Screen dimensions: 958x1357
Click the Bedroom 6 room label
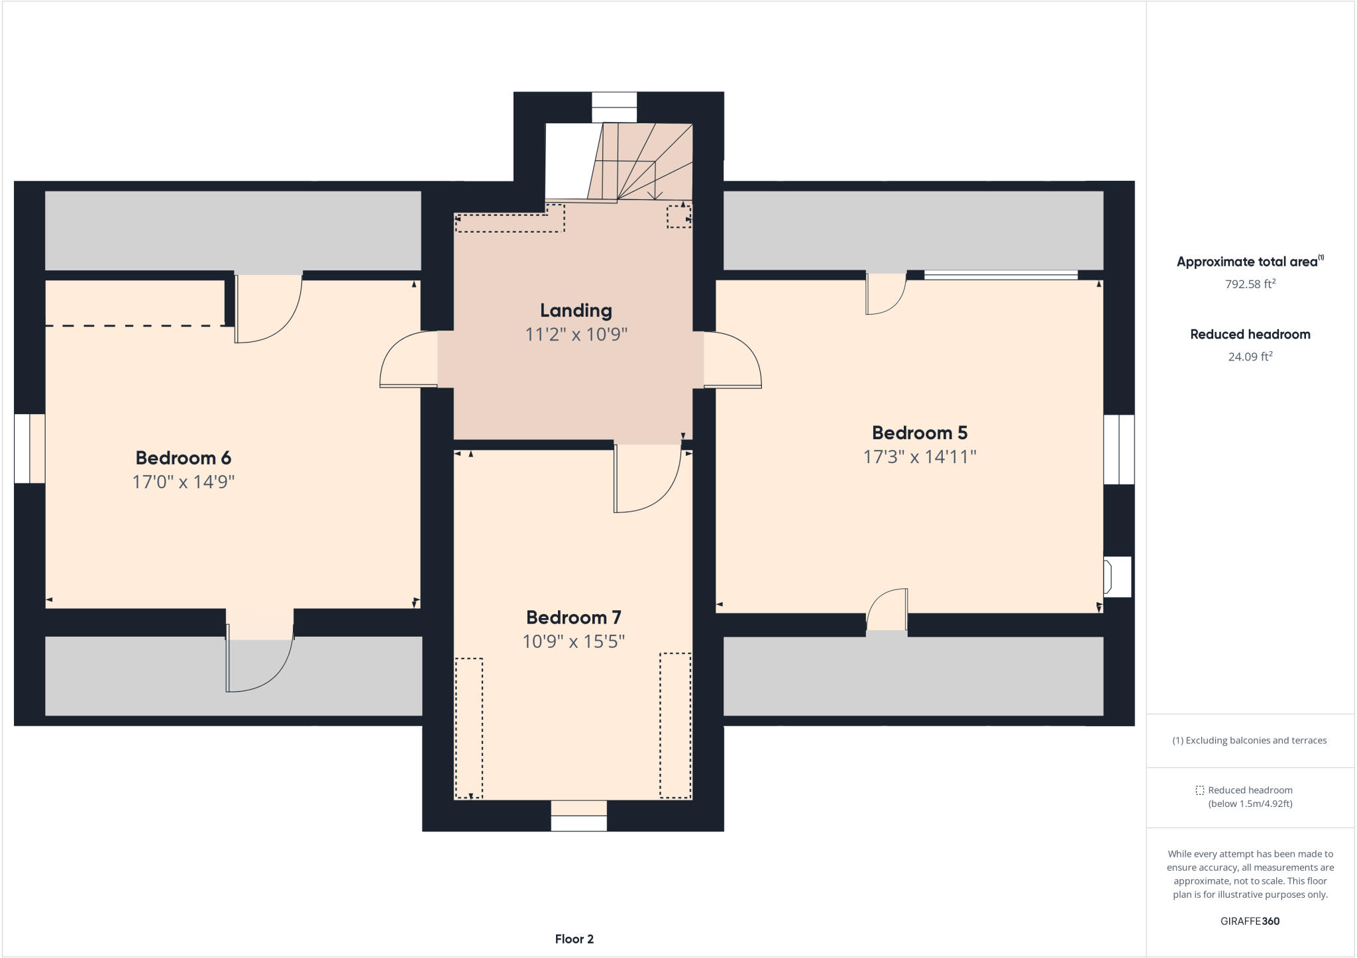pyautogui.click(x=183, y=458)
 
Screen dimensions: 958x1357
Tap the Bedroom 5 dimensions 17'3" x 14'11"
pyautogui.click(x=920, y=457)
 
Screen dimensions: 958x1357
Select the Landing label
pyautogui.click(x=576, y=310)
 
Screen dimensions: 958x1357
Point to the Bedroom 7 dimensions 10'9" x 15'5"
pyautogui.click(x=574, y=641)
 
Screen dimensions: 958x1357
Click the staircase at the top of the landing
pyautogui.click(x=639, y=162)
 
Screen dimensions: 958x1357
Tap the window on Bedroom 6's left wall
pyautogui.click(x=30, y=449)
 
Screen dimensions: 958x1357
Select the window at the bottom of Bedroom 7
pyautogui.click(x=578, y=816)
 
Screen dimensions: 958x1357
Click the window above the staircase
pyautogui.click(x=614, y=107)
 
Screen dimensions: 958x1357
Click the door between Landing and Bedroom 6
pyautogui.click(x=407, y=359)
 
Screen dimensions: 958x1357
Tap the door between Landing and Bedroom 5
pyautogui.click(x=732, y=359)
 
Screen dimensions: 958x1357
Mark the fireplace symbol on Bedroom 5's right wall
pyautogui.click(x=1116, y=576)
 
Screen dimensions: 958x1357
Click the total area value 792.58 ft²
pyautogui.click(x=1250, y=284)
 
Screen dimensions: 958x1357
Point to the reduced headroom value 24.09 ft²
pyautogui.click(x=1250, y=356)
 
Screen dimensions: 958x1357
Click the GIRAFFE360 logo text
pyautogui.click(x=1250, y=921)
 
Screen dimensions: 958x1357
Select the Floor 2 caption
pyautogui.click(x=574, y=939)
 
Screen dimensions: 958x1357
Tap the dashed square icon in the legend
pyautogui.click(x=1199, y=790)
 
